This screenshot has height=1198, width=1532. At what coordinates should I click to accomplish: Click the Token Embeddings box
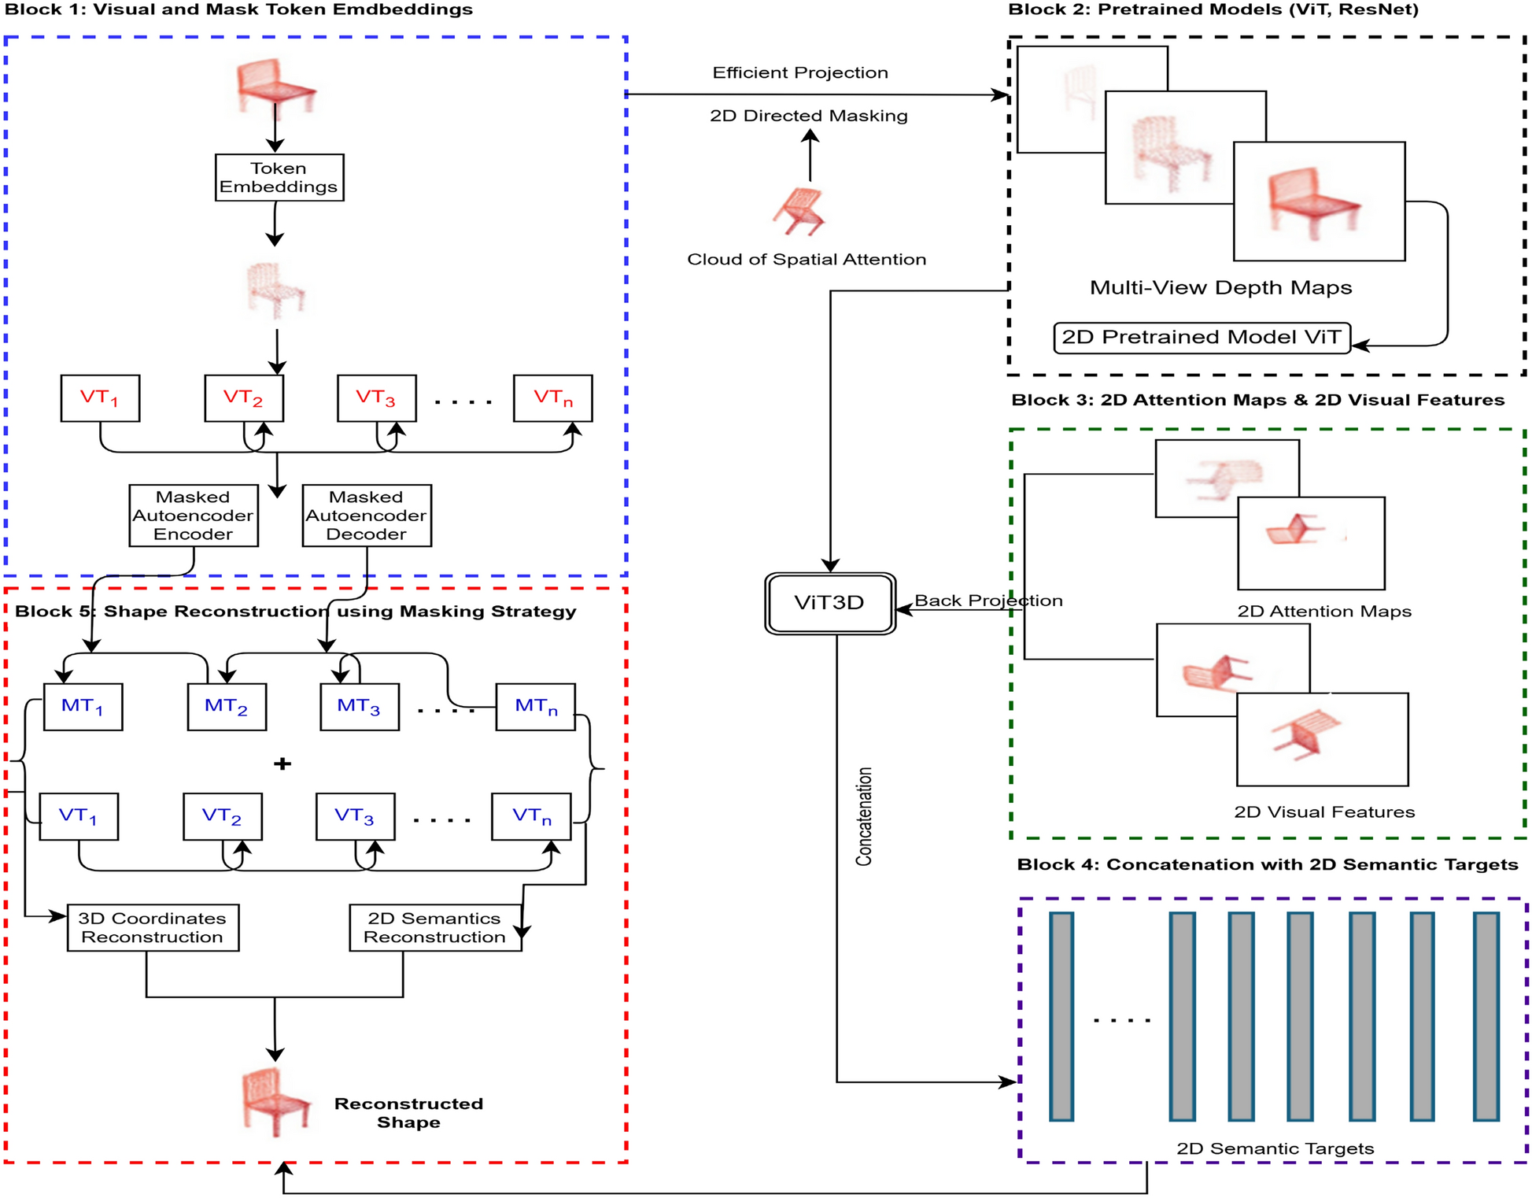coord(279,177)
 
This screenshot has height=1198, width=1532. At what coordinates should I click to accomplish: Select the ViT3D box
coord(829,603)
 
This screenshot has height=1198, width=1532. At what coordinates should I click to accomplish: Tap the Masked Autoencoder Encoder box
coord(194,516)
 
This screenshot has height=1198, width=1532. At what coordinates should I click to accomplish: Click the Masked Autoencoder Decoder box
coord(367,516)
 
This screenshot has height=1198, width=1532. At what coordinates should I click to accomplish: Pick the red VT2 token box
coord(244,398)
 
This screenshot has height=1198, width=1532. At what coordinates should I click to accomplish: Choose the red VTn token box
coord(552,398)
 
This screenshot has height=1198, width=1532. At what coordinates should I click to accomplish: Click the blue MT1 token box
coord(83,707)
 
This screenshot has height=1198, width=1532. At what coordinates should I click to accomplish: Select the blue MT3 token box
coord(359,707)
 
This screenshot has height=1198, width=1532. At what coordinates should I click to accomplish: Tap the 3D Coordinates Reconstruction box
coord(153,927)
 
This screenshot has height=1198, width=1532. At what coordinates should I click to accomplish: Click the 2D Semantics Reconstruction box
coord(435,927)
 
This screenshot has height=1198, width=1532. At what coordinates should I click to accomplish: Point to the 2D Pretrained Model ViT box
coord(1202,338)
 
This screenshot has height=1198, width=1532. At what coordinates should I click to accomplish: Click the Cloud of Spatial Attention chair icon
coord(800,211)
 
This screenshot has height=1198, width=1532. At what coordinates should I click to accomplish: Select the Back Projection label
coord(987,601)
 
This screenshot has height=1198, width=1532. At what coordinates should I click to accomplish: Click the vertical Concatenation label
coord(864,816)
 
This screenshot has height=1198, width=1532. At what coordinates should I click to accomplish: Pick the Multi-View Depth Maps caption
coord(1220,288)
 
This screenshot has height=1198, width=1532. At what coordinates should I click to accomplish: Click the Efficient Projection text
coord(800,73)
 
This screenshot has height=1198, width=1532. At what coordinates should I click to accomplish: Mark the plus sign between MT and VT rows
coord(282,764)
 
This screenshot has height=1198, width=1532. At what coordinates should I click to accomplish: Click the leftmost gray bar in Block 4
coord(1061,1015)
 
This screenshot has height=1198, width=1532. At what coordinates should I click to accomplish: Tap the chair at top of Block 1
coord(275,85)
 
